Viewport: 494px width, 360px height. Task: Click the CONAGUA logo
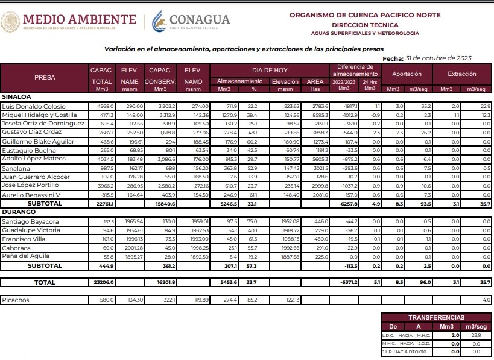pyautogui.click(x=191, y=21)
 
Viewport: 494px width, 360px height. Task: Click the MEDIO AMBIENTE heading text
pyautogui.click(x=79, y=19)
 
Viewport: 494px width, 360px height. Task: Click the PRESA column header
pyautogui.click(x=45, y=77)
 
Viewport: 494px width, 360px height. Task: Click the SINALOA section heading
pyautogui.click(x=17, y=96)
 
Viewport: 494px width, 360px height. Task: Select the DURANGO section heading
pyautogui.click(x=19, y=213)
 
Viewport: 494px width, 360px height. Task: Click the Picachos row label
pyautogui.click(x=16, y=300)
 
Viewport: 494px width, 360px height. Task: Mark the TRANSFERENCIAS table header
pyautogui.click(x=436, y=317)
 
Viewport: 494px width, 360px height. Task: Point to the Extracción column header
pyautogui.click(x=461, y=74)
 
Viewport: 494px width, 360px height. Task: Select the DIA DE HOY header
pyautogui.click(x=270, y=71)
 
